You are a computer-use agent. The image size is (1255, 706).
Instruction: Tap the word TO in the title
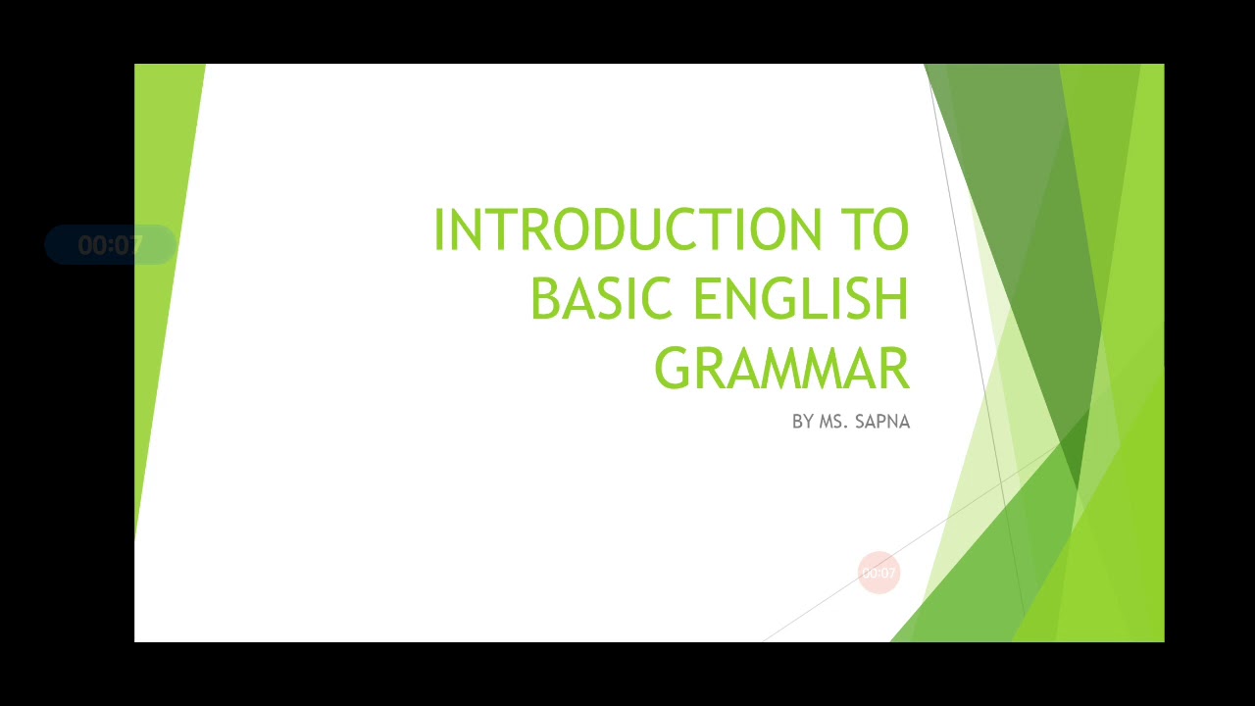875,230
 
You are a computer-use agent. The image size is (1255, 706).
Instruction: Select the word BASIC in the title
600,299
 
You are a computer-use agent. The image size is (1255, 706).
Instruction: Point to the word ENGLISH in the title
801,299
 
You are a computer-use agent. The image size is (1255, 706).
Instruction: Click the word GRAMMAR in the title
781,369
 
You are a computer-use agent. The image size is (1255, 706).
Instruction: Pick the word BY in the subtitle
802,422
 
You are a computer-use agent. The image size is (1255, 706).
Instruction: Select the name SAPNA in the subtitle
882,422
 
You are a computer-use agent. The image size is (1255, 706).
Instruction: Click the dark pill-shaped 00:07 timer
110,245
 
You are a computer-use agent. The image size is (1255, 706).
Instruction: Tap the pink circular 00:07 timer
878,573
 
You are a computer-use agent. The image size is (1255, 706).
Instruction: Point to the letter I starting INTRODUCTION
439,230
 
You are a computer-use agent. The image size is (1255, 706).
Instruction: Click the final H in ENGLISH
892,299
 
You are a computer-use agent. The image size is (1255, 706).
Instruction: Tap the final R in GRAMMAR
894,369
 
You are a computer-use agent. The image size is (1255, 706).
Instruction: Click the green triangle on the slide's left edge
162,245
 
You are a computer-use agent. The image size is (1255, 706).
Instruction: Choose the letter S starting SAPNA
861,422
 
